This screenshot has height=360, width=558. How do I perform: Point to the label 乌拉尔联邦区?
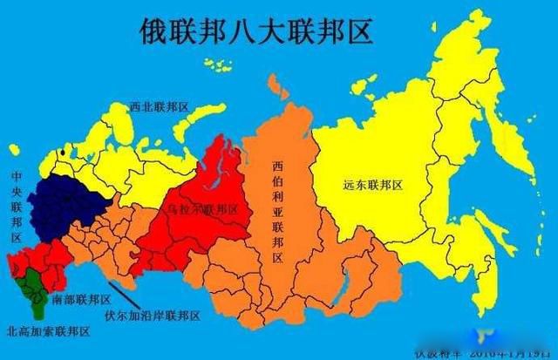[203, 210]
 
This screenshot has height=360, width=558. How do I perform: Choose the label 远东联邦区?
[371, 185]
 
